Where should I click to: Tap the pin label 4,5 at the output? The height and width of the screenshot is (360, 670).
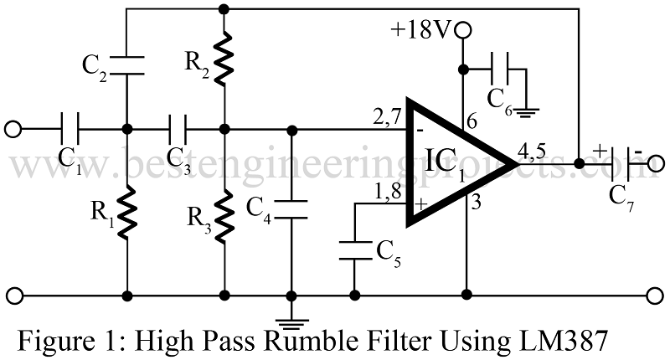534,152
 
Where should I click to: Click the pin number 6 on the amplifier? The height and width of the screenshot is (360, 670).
472,122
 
